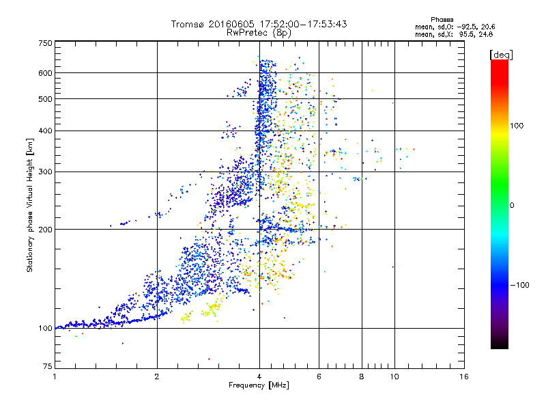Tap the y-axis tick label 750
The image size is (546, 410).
[45, 42]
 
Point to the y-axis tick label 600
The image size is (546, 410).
[45, 72]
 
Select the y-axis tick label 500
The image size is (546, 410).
[45, 98]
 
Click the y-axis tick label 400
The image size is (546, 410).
[45, 131]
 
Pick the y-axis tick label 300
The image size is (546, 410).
[45, 172]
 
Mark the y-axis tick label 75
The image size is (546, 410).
[47, 368]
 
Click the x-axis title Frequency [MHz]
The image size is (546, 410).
[259, 386]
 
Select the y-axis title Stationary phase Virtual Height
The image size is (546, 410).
[30, 206]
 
